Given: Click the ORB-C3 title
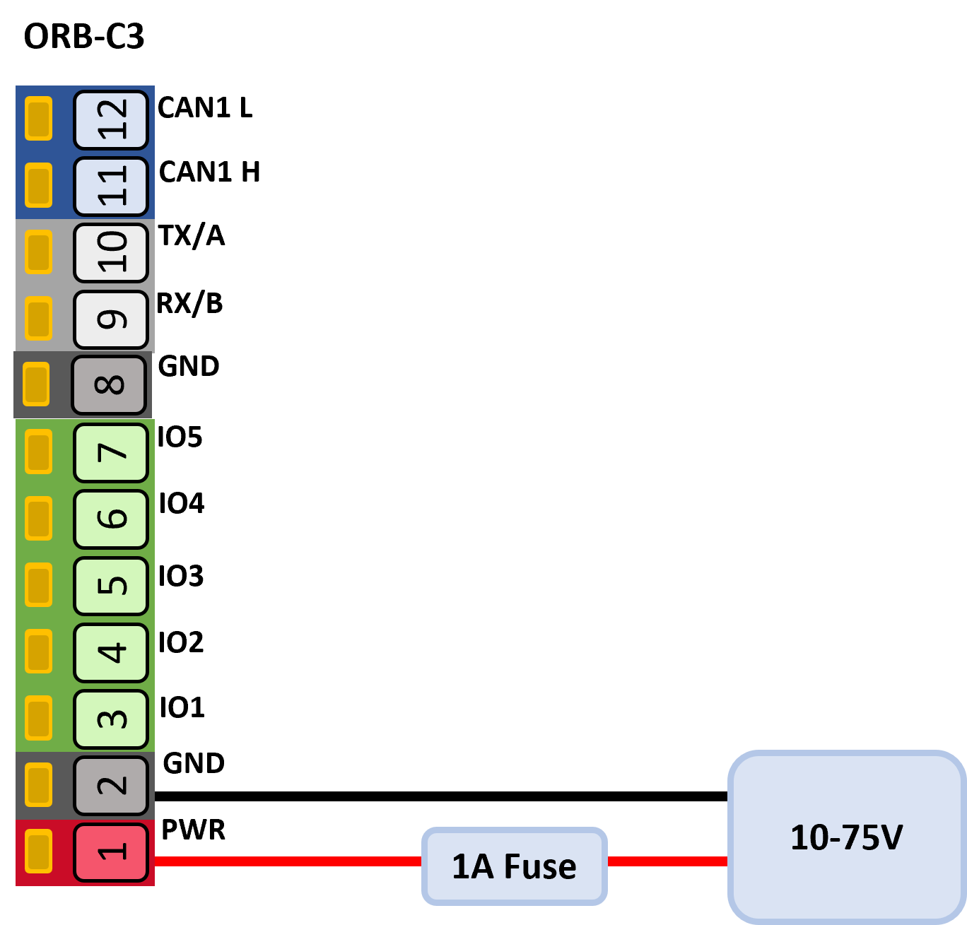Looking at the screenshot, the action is click(83, 36).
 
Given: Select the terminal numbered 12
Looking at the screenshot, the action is click(111, 119).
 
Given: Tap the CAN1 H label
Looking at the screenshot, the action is click(209, 172).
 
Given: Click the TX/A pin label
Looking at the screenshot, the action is click(192, 235).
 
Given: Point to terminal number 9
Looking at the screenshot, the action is click(111, 319).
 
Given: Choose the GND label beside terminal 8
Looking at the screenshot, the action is click(188, 366).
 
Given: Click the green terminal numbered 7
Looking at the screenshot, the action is click(111, 452).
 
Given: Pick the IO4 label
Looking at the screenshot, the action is click(182, 503).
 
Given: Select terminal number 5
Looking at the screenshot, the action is click(111, 586).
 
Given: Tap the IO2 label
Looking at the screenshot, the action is click(181, 642).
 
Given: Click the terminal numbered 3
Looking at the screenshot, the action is click(111, 719).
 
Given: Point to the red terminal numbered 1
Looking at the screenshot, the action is click(111, 852).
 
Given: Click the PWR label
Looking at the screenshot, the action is click(193, 830).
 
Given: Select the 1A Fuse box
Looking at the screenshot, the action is click(515, 866).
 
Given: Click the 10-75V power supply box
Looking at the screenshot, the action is click(847, 837).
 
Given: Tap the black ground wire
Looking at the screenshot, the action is click(441, 796).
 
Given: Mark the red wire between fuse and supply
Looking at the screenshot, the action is click(667, 861).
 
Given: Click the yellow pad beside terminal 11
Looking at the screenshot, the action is click(38, 185).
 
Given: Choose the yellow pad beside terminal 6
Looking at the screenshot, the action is click(38, 518).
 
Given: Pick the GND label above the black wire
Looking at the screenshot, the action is click(194, 763).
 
